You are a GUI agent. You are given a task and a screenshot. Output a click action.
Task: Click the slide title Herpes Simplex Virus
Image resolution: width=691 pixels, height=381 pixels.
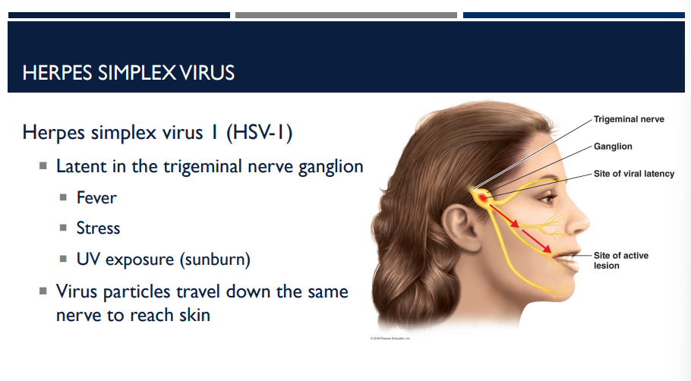pyautogui.click(x=128, y=73)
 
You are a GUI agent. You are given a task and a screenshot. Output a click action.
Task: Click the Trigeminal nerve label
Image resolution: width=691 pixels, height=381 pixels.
pyautogui.click(x=629, y=119)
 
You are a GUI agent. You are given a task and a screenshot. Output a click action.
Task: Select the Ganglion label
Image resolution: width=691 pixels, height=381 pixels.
pyautogui.click(x=613, y=146)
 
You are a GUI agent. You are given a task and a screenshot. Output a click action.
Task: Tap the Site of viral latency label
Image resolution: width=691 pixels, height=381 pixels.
pyautogui.click(x=633, y=174)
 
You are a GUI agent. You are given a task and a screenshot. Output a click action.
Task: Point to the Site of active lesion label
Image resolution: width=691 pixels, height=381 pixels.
pyautogui.click(x=620, y=260)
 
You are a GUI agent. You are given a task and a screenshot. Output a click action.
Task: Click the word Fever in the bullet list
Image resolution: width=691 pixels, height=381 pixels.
pyautogui.click(x=96, y=198)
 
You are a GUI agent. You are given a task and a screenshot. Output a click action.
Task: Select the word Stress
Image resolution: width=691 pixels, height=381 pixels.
pyautogui.click(x=98, y=228)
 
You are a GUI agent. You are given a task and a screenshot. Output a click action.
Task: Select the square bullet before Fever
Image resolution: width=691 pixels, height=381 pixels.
pyautogui.click(x=64, y=199)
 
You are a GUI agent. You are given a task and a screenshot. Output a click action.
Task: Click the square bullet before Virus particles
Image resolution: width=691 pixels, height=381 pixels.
pyautogui.click(x=43, y=291)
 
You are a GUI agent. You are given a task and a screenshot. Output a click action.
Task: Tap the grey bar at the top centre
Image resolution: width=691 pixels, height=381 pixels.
pyautogui.click(x=345, y=14)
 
